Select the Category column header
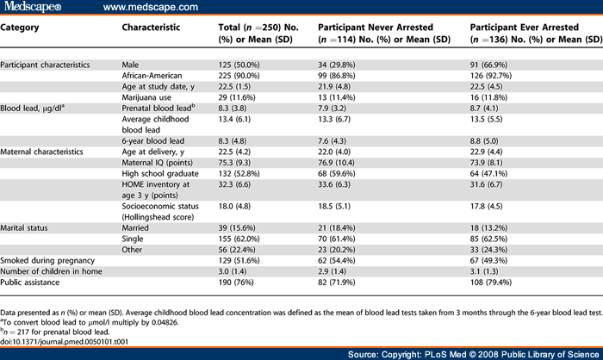pos(21,27)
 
